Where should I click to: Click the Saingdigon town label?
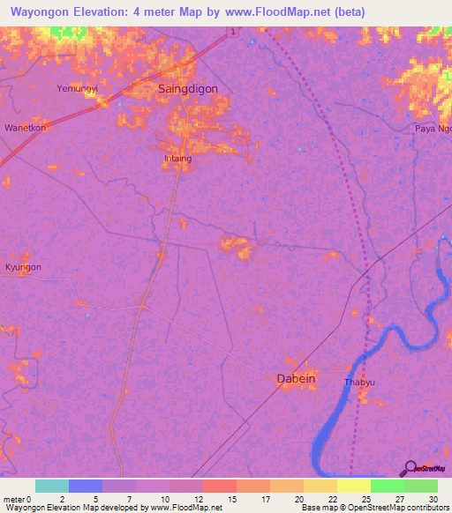tap(187, 89)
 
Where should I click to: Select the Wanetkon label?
tap(25, 127)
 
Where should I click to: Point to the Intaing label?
tap(177, 159)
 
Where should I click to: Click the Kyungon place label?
tap(23, 267)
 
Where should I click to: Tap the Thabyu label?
tap(359, 383)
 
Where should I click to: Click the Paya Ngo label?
tap(433, 129)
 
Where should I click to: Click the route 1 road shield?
tap(231, 32)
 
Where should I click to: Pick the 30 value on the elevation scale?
tap(433, 498)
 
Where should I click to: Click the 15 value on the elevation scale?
tap(232, 498)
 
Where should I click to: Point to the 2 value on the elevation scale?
tap(62, 498)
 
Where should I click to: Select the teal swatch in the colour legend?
tap(52, 486)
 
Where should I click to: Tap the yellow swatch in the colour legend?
tap(353, 486)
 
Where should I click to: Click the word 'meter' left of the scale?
tap(16, 498)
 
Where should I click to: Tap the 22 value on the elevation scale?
tap(332, 498)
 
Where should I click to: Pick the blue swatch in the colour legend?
tap(86, 486)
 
